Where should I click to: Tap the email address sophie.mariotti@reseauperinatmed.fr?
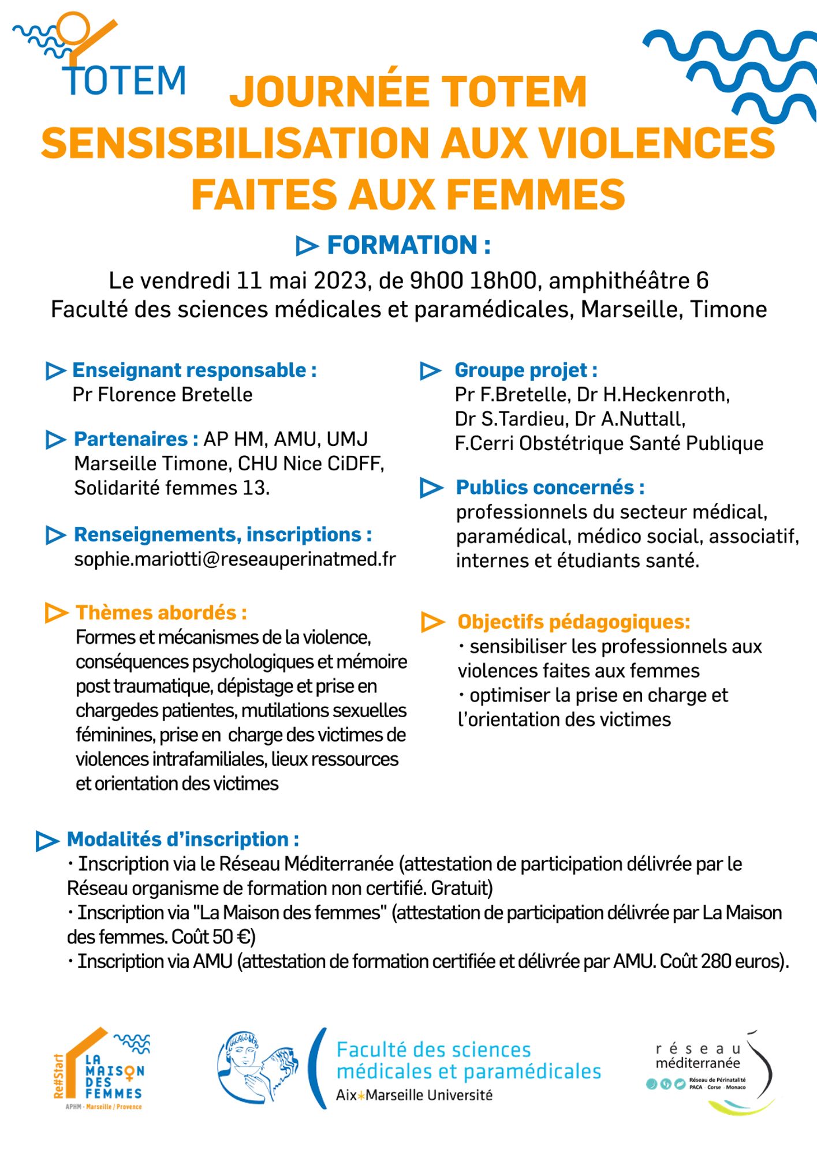[x=235, y=559]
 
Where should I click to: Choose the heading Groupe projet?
[x=525, y=370]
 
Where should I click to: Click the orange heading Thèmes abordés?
[x=161, y=612]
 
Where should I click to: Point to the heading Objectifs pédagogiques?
[x=573, y=621]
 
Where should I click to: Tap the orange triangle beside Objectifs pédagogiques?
[x=432, y=622]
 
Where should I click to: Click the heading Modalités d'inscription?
[x=182, y=839]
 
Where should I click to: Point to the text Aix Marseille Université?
[x=414, y=1095]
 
